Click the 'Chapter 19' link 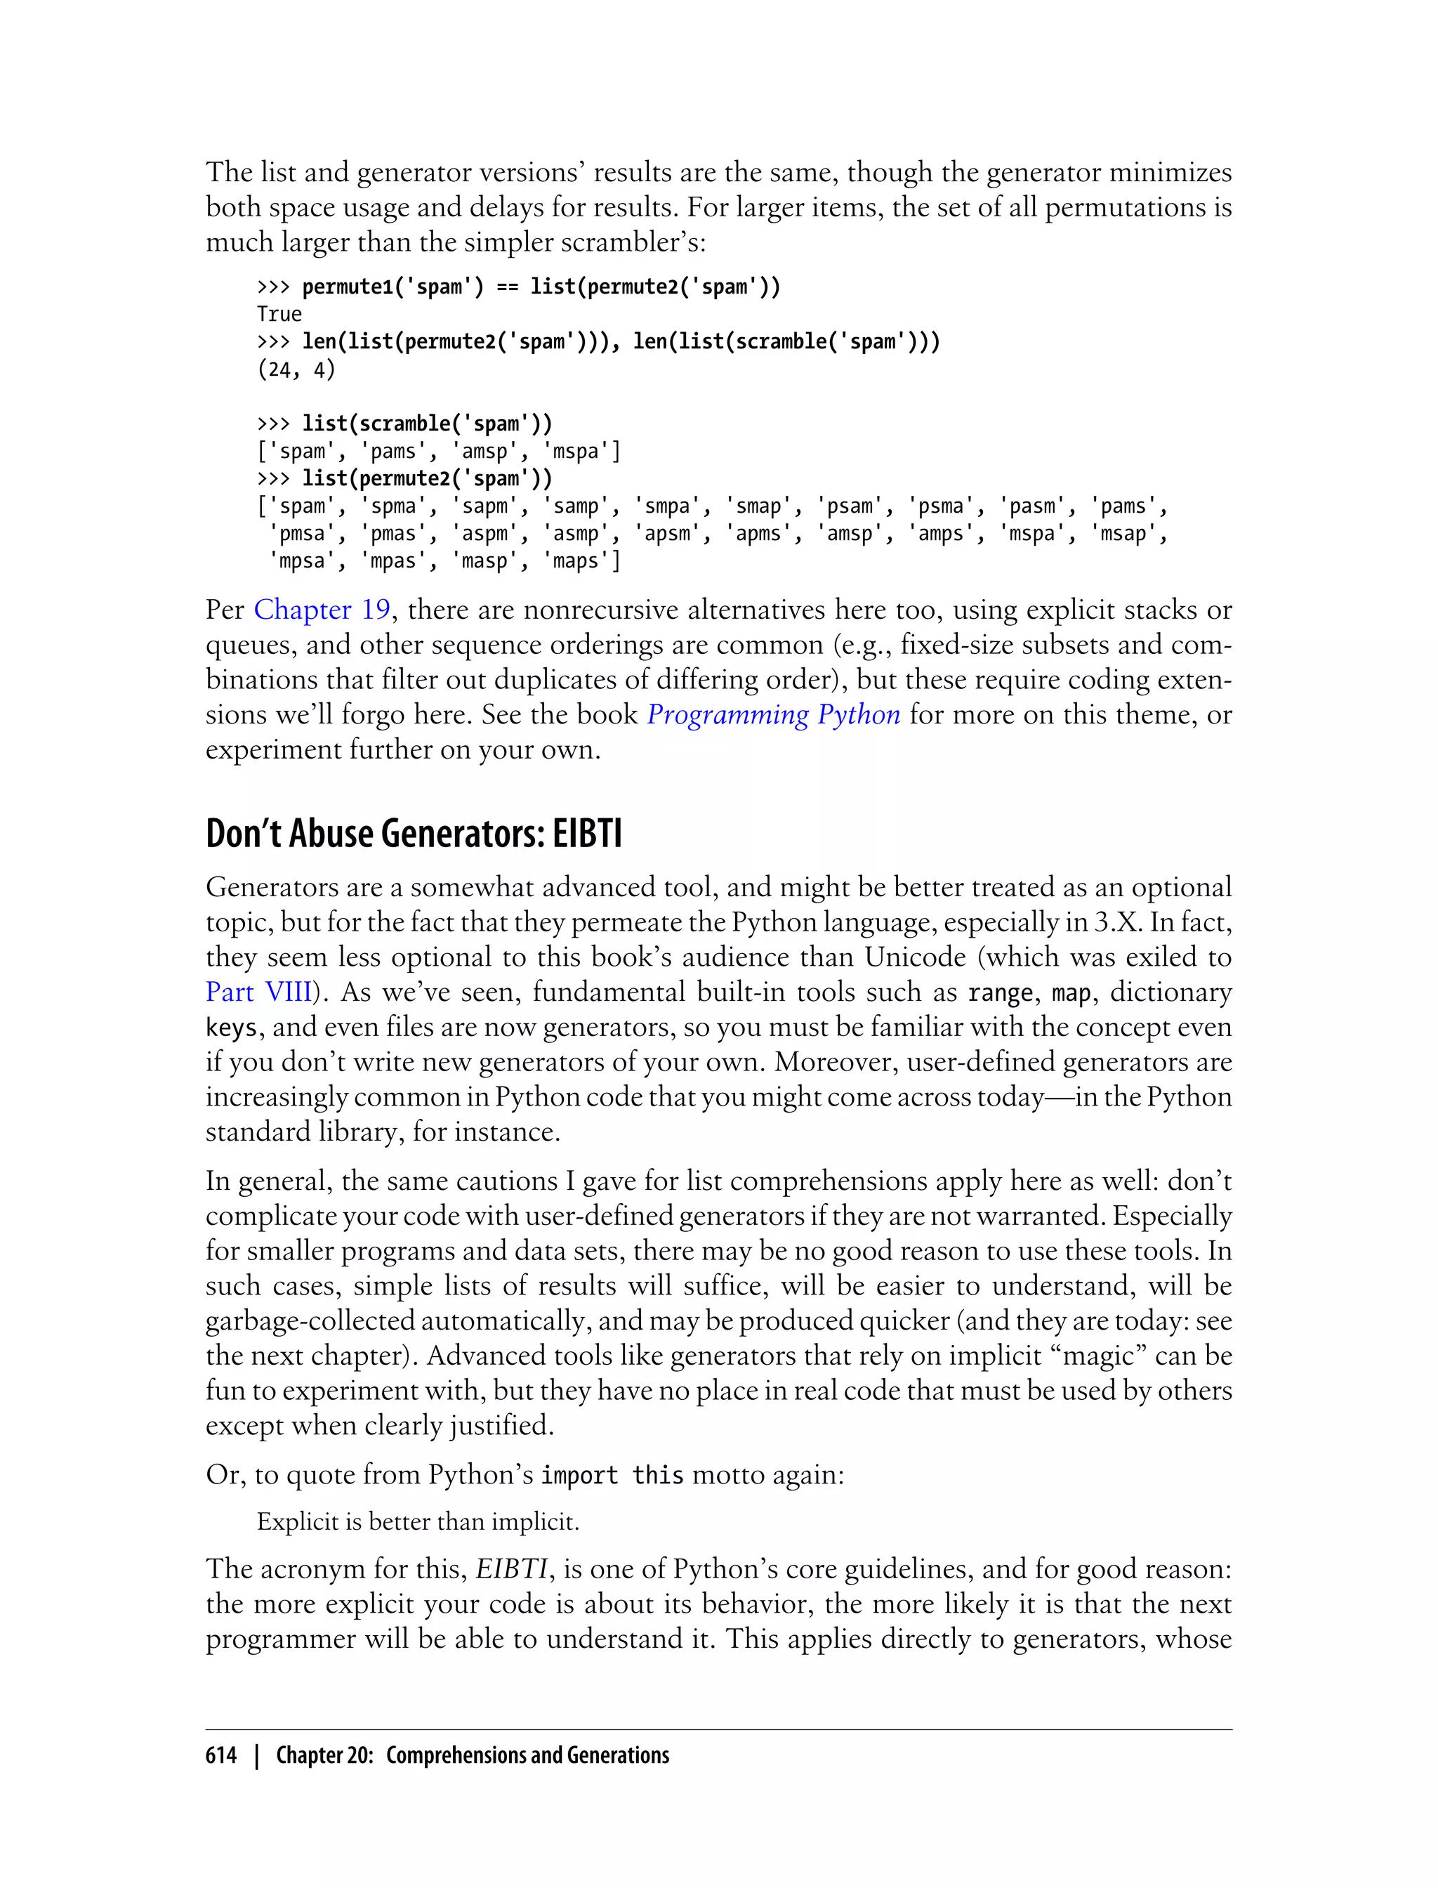coord(322,610)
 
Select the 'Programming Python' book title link coord(773,714)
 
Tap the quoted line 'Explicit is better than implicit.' coord(418,1521)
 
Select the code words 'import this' coord(612,1475)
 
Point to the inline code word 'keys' coord(230,1028)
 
